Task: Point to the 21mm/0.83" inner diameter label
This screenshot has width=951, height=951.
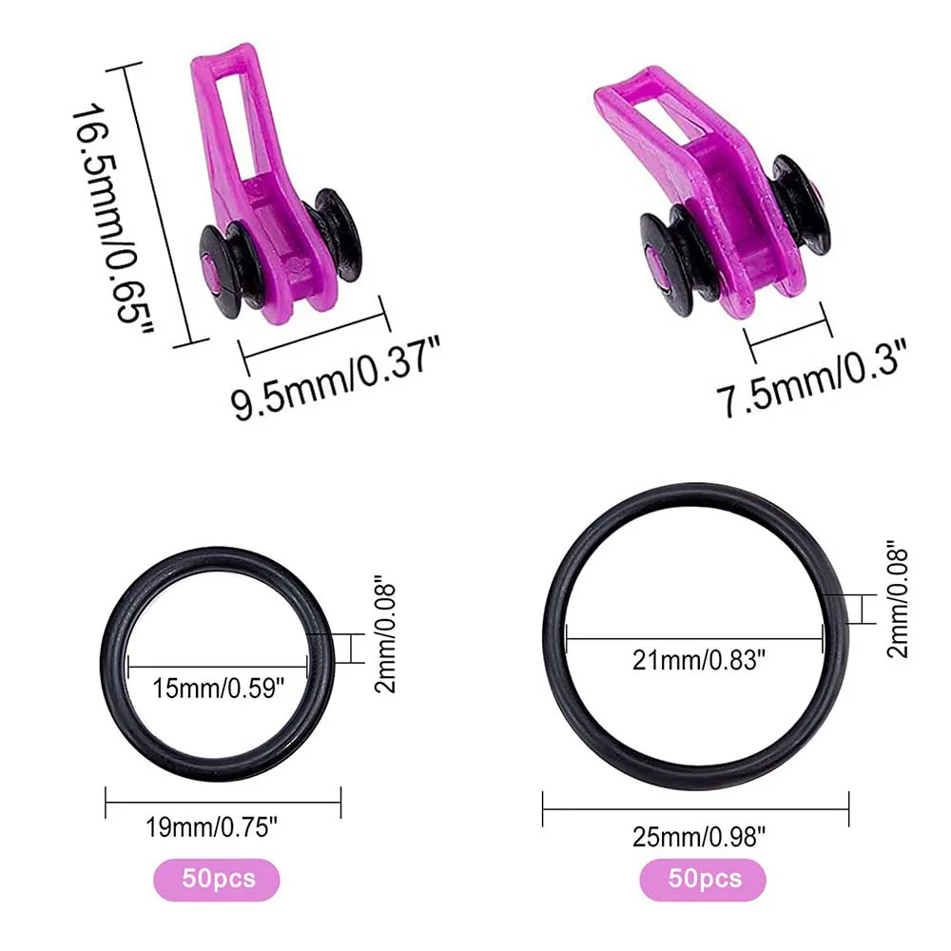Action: point(699,659)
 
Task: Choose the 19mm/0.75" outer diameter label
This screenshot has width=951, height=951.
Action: point(212,827)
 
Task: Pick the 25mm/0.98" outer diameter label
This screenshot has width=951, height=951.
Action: point(699,838)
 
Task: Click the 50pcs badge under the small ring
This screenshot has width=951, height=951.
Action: point(217,880)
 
